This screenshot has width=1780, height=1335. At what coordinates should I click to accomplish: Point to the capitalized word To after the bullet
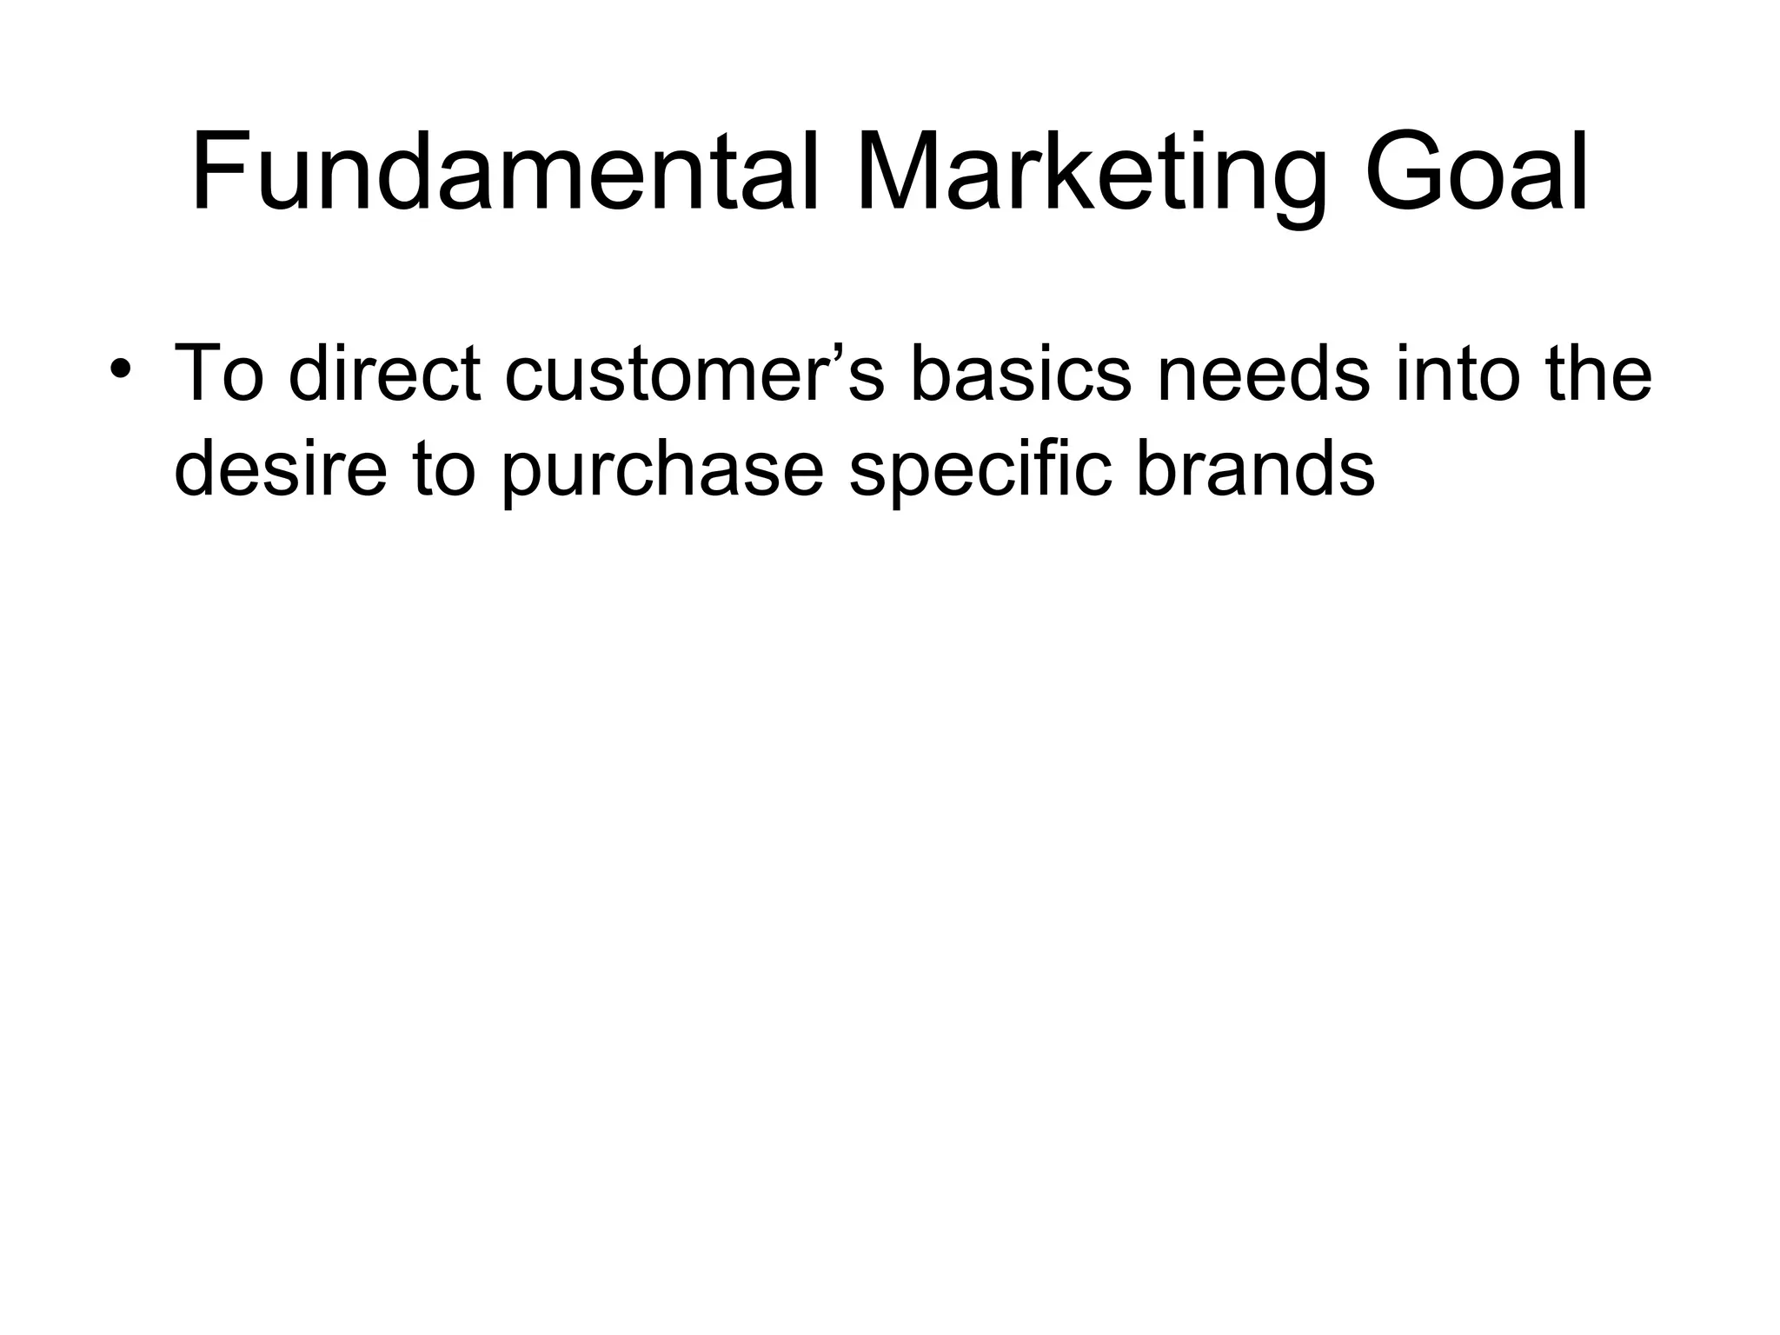pos(218,373)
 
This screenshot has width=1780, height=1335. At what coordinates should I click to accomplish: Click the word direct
pos(384,373)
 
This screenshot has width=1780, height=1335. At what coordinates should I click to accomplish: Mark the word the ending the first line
pos(1600,373)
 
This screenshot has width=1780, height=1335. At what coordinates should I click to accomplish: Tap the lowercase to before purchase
pos(444,468)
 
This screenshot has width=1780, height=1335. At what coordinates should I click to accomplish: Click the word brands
pos(1255,468)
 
